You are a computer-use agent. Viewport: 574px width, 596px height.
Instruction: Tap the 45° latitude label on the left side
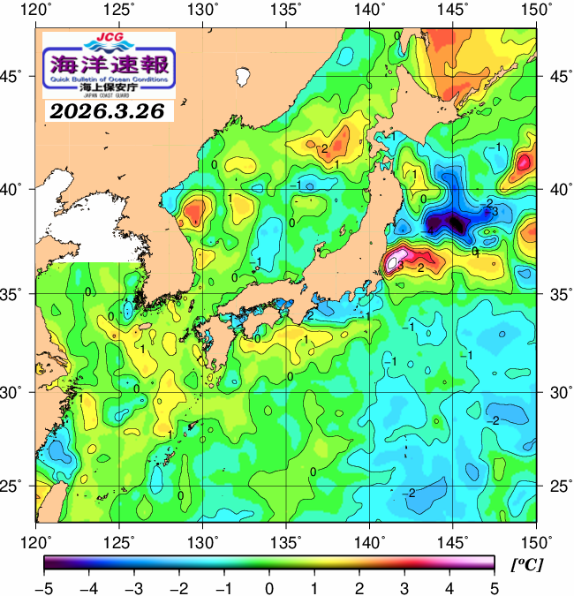click(18, 76)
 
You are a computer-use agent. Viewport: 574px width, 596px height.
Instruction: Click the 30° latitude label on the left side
click(18, 391)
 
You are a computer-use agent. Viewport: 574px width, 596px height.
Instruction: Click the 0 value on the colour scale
click(268, 588)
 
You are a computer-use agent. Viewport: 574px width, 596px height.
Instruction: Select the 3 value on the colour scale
click(404, 588)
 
